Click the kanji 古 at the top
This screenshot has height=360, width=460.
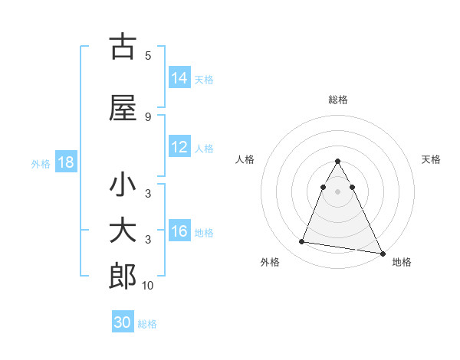click(x=123, y=47)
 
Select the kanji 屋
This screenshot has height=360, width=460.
click(x=123, y=108)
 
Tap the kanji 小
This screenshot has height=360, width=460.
click(x=123, y=185)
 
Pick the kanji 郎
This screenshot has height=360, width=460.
click(x=123, y=277)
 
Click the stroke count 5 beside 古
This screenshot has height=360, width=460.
click(x=148, y=55)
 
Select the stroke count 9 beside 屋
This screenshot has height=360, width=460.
click(x=148, y=116)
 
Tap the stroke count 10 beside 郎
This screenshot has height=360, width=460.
click(x=148, y=285)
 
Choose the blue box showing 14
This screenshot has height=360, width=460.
click(x=179, y=78)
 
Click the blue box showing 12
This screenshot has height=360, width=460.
click(x=179, y=148)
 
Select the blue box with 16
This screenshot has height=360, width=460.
click(x=179, y=232)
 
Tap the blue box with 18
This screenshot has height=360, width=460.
click(x=65, y=163)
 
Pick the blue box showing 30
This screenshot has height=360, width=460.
click(x=123, y=322)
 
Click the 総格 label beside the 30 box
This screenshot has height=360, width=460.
click(x=147, y=324)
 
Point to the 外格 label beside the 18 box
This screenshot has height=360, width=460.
click(x=41, y=164)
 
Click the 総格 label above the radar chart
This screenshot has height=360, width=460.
click(x=338, y=100)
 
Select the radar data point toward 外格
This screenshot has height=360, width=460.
click(x=301, y=242)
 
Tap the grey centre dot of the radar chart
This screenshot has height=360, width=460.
click(x=338, y=191)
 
